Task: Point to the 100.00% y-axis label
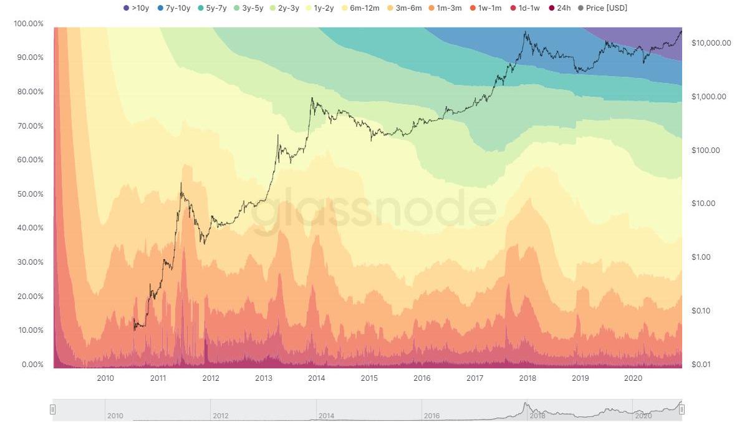click(28, 23)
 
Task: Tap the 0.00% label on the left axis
click(30, 365)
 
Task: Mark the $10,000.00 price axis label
click(711, 42)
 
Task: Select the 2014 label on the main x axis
click(316, 378)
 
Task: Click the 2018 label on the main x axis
click(528, 378)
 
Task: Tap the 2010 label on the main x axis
click(105, 378)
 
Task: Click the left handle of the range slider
click(53, 410)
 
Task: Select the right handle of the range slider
click(682, 410)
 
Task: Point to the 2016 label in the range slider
click(431, 416)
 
